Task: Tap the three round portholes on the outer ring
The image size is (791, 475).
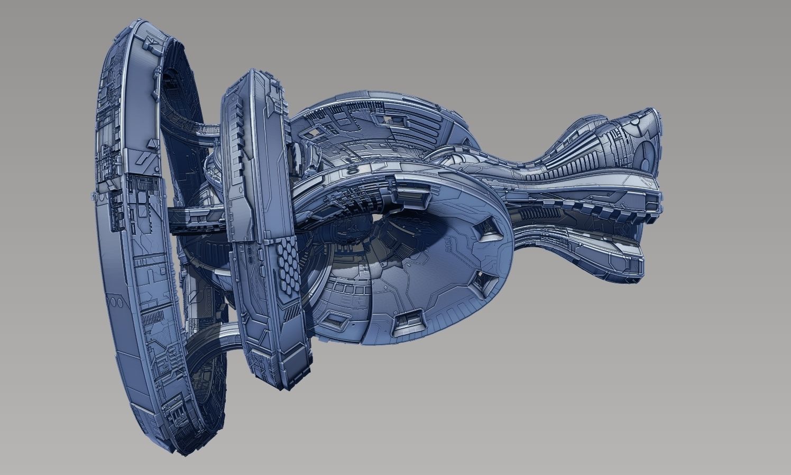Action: (x=116, y=302)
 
